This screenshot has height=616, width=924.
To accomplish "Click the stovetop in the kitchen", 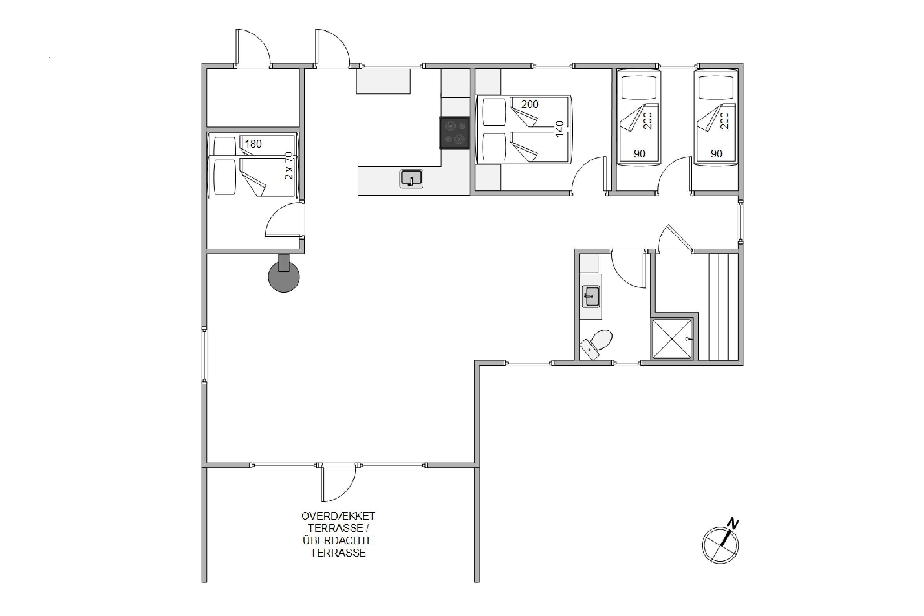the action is [454, 133].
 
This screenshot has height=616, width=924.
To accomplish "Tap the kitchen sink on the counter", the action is [411, 179].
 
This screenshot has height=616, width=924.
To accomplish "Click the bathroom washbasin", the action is [591, 296].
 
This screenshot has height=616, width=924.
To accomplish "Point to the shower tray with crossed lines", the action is [672, 338].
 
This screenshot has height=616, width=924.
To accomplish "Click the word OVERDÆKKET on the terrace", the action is [338, 516].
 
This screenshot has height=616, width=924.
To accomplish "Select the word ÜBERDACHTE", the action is [338, 541].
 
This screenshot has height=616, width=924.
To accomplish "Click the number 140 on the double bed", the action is [560, 128].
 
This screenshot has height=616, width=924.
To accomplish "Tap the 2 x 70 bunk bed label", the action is [289, 166].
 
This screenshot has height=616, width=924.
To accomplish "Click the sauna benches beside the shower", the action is [723, 307].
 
